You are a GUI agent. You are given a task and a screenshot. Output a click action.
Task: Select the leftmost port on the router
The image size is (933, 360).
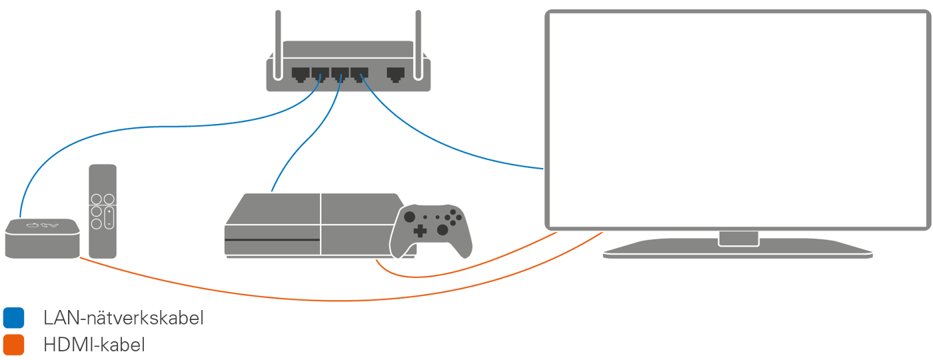[299, 73]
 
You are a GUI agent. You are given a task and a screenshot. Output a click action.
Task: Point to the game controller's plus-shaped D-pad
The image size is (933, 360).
[420, 231]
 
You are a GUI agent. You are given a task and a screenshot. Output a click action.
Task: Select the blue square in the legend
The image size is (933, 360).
[13, 318]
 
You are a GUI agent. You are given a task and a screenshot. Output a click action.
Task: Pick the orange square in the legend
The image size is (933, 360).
[13, 345]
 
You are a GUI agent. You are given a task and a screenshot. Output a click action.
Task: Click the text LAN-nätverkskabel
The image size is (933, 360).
[123, 319]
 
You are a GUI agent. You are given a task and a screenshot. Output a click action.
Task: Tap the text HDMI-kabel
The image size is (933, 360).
[94, 345]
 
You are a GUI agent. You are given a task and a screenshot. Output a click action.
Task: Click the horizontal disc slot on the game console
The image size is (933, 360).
[272, 240]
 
